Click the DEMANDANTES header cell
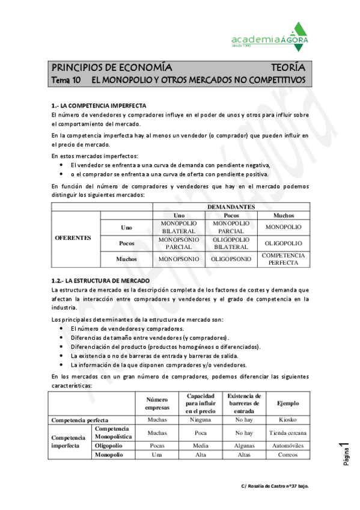[231, 206]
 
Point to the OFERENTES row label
[73, 238]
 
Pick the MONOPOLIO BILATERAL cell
[178, 227]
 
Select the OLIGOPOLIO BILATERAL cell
[231, 242]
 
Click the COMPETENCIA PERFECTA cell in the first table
[283, 259]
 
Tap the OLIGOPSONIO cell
[231, 259]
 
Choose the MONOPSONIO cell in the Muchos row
[178, 259]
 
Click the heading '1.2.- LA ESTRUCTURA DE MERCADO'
[101, 281]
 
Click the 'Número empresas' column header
[157, 403]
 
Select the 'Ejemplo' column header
[287, 403]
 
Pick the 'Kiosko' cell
[287, 419]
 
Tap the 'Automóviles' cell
[287, 446]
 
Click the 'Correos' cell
[287, 455]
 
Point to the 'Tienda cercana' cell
[287, 432]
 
